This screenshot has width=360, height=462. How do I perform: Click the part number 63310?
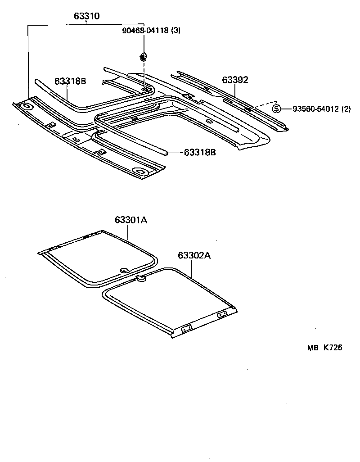click(x=86, y=17)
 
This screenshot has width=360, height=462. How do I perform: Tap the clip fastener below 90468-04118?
click(x=143, y=57)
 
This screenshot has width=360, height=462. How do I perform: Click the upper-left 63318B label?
click(x=70, y=81)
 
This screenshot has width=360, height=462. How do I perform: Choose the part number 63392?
click(x=235, y=80)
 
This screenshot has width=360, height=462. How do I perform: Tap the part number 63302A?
click(x=194, y=255)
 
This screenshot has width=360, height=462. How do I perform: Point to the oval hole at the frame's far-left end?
click(x=27, y=107)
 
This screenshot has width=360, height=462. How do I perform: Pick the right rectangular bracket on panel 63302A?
click(x=222, y=315)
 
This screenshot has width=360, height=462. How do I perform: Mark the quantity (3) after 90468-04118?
click(x=176, y=31)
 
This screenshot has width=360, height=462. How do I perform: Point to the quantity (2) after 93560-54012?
click(x=346, y=109)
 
